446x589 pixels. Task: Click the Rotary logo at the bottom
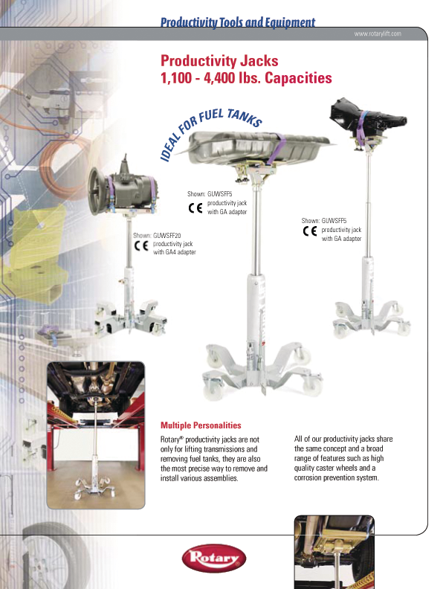point(214,559)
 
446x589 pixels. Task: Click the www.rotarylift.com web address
point(378,33)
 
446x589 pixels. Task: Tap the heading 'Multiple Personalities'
point(201,425)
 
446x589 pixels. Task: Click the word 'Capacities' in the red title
point(299,78)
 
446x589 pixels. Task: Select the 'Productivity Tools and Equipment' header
point(238,22)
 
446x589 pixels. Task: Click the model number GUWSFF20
point(167,236)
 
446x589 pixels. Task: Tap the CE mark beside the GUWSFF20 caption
point(141,246)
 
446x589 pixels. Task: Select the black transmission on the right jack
point(367,118)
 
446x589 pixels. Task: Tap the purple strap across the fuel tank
point(277,149)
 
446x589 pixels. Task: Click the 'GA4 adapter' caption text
point(175,252)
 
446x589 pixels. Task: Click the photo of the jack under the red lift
point(96,435)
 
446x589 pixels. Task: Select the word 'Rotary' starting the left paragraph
point(169,440)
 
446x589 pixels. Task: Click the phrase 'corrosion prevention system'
point(336,477)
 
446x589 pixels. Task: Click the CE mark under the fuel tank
point(195,207)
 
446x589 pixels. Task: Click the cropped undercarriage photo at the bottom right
point(334,552)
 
